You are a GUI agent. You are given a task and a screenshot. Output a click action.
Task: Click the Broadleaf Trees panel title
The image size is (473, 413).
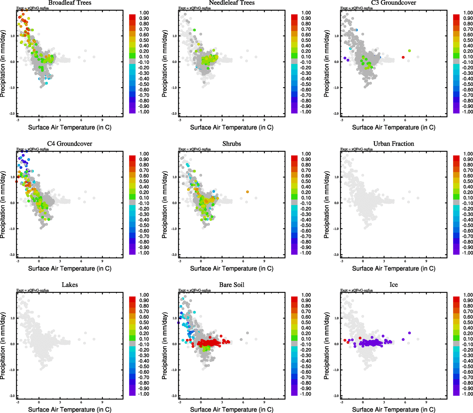pos(70,3)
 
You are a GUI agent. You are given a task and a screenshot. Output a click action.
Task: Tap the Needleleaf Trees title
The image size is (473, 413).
pos(232,3)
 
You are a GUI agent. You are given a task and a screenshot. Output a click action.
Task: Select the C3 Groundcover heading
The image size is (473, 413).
pos(393,3)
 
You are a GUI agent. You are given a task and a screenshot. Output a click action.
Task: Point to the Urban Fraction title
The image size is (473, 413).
pos(393,144)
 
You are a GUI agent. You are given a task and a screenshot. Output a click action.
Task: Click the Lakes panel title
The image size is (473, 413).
pos(70,285)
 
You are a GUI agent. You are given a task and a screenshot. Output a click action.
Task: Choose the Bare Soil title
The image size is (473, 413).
pos(232,285)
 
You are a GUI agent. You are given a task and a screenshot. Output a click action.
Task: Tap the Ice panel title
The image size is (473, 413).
pos(393,285)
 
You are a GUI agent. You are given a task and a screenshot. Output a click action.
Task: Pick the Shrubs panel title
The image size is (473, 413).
pos(232,144)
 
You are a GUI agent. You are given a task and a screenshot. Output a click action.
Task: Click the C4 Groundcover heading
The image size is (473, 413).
pos(70,144)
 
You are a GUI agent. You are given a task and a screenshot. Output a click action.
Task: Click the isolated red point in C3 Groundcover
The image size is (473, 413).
pos(403,57)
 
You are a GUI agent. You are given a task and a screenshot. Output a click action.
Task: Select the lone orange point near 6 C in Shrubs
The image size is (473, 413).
pos(247,192)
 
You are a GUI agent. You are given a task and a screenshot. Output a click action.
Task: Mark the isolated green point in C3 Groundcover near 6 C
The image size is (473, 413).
pos(409,51)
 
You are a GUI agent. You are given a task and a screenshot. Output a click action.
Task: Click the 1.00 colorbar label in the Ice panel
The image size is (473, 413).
pos(468,295)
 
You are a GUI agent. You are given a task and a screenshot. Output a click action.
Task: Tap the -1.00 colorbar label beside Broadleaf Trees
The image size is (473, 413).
pos(144,112)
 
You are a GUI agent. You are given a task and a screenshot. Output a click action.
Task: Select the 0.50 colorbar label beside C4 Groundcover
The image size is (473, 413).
pos(144,181)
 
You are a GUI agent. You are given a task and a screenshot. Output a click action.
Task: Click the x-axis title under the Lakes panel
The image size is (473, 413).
pos(70,409)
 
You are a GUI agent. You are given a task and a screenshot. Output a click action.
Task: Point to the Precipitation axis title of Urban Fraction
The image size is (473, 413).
pos(327,205)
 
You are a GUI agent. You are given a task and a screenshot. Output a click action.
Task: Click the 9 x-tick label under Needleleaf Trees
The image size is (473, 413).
pos(264,120)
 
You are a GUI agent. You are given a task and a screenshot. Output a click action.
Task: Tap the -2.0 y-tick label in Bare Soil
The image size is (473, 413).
pos(174,396)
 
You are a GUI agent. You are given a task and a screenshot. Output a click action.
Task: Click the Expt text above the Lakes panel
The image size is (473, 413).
pos(32,290)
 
